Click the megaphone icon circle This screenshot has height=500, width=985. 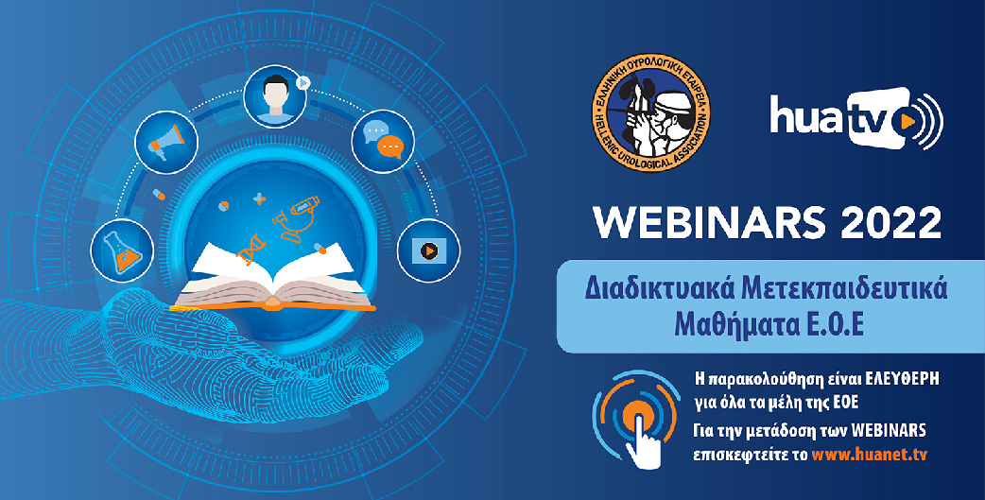(166, 143)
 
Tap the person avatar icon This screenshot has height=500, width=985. (275, 96)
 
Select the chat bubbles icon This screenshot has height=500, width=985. (383, 142)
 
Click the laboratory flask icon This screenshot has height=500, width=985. (123, 250)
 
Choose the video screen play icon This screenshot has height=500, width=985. (429, 250)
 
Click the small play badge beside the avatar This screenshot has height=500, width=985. (302, 82)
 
